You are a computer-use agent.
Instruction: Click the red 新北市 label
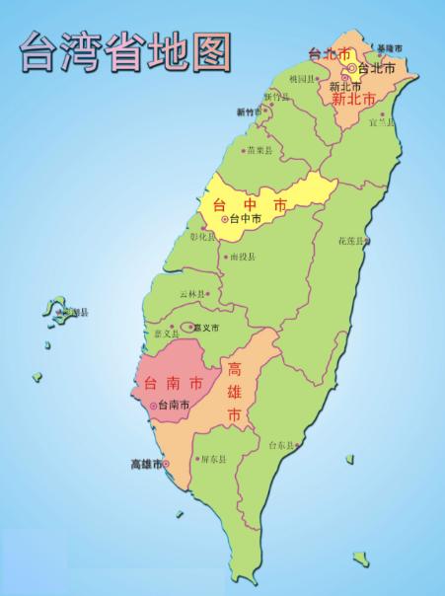click(x=352, y=100)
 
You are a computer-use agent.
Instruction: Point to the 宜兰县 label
click(x=381, y=123)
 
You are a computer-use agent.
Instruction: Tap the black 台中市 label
click(x=245, y=218)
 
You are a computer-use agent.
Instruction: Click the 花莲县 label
click(x=352, y=241)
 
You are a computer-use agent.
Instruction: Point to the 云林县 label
click(x=192, y=295)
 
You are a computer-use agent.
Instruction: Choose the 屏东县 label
click(x=212, y=459)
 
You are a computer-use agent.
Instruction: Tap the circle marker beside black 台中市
click(x=224, y=219)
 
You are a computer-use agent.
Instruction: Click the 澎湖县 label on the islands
click(x=75, y=313)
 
